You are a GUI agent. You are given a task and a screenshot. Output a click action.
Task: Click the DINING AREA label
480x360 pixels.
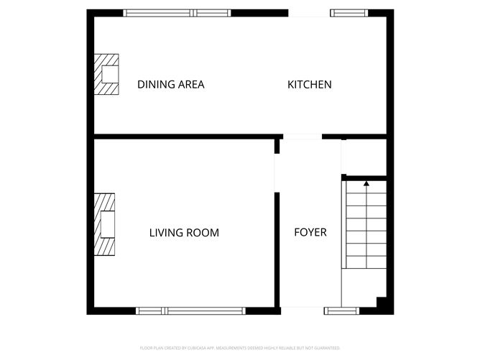(171, 85)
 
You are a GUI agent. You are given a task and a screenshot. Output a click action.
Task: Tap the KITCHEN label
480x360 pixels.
(310, 85)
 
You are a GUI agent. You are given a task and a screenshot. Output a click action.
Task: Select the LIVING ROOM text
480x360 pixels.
(184, 233)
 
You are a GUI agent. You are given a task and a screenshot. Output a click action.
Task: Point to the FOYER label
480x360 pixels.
(310, 233)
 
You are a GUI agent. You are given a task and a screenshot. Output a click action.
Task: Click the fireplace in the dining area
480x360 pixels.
(106, 75)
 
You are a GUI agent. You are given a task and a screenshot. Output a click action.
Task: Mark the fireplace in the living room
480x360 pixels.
(105, 224)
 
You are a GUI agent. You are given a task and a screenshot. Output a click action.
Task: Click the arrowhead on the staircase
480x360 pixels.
(366, 184)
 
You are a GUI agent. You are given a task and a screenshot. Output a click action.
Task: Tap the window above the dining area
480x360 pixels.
(177, 13)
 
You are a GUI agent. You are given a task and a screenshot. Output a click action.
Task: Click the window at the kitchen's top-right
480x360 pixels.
(349, 13)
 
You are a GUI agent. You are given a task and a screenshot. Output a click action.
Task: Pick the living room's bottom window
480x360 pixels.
(190, 311)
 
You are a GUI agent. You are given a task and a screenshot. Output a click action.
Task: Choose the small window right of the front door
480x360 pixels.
(341, 311)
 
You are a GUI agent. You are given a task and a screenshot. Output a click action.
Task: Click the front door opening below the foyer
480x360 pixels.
(302, 310)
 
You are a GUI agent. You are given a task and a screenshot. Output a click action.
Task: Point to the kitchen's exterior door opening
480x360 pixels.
(309, 13)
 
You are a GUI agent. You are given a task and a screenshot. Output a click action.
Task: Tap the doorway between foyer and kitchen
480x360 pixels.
(302, 137)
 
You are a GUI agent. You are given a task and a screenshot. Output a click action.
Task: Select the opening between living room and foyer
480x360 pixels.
(277, 172)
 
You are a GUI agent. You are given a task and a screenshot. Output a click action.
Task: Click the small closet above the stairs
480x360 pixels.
(364, 157)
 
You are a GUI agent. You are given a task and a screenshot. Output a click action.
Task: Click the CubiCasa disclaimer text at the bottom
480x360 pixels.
(240, 348)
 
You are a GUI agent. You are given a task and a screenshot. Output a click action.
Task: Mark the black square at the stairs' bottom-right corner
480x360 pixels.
(383, 305)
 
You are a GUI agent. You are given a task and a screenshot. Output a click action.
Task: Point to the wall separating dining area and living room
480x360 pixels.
(183, 136)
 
